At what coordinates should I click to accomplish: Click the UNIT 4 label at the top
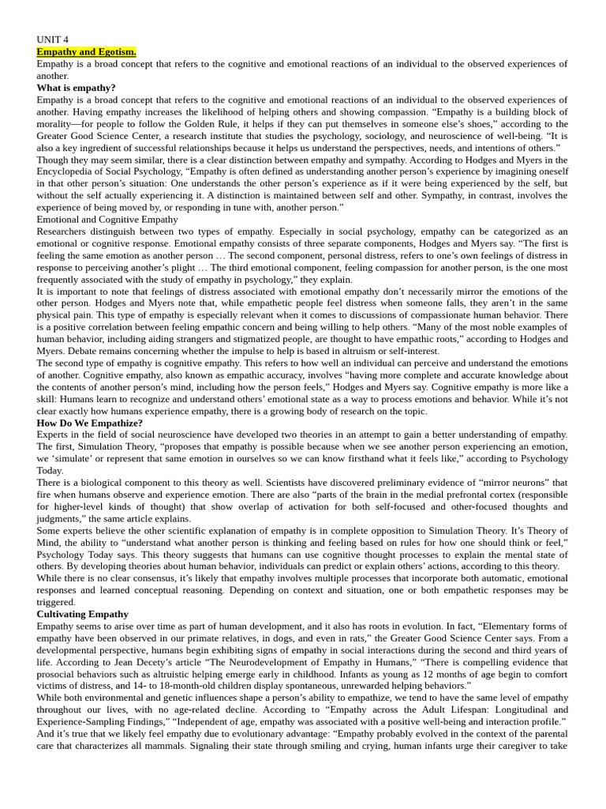pos(52,40)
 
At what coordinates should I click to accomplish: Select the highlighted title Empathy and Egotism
pos(86,51)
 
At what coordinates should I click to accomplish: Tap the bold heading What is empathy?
pos(76,88)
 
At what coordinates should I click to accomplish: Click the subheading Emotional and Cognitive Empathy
pos(107,219)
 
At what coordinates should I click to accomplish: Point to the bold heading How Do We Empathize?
pos(89,423)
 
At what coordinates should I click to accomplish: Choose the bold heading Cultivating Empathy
pos(82,614)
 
